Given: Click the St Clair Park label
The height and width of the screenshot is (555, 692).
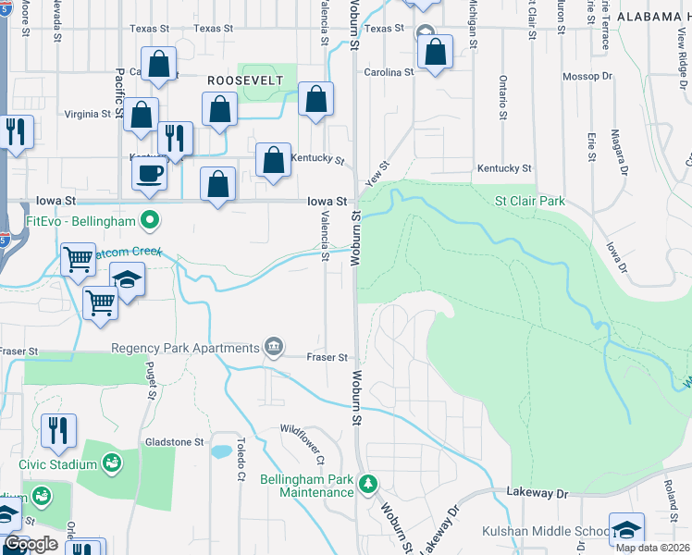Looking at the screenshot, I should (x=530, y=201).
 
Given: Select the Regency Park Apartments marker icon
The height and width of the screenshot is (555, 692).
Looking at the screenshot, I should (x=273, y=347).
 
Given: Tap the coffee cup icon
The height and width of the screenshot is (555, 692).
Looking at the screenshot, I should (x=150, y=172).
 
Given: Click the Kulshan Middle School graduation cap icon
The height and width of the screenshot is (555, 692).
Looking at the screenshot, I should (x=626, y=530).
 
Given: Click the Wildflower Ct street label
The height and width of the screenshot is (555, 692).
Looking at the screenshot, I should (x=305, y=443).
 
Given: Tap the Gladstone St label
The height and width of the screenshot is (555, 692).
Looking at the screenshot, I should (x=173, y=443).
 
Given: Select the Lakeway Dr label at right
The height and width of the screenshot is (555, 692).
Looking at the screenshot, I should (x=537, y=494).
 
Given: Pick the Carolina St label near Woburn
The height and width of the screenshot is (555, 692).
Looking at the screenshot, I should (x=389, y=72).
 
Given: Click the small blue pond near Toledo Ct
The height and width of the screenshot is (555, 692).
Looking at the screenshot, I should (x=222, y=452).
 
